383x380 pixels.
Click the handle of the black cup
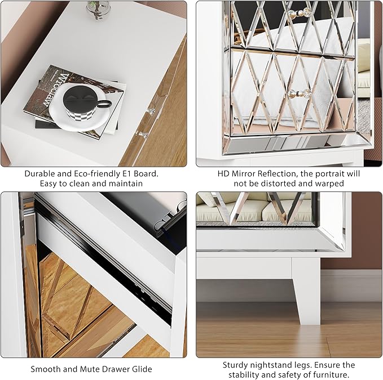[x=104, y=104]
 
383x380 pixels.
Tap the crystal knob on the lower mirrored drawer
[x=298, y=93]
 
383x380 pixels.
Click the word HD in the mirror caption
[x=223, y=173]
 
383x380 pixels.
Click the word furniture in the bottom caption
[x=331, y=374]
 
